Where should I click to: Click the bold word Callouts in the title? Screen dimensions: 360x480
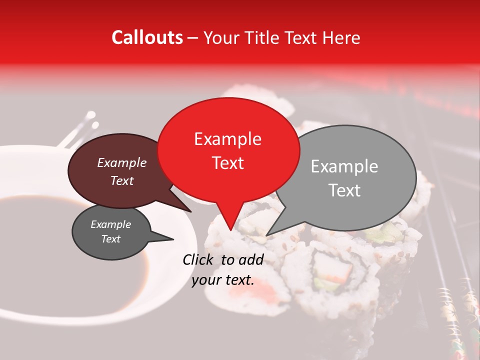(147, 37)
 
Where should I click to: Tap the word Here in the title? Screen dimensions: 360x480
(341, 37)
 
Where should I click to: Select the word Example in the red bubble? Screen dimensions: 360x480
(227, 139)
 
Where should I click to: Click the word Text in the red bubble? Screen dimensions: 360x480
(227, 163)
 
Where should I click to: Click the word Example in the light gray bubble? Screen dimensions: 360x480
(344, 166)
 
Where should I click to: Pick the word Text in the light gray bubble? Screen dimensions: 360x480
(344, 190)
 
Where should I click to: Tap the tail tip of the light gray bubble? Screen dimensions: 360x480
(266, 235)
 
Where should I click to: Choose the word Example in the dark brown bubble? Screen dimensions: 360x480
(121, 162)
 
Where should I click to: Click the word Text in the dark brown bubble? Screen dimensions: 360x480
(121, 180)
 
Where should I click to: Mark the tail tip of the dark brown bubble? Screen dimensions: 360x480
(190, 211)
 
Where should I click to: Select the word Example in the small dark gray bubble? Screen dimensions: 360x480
(110, 224)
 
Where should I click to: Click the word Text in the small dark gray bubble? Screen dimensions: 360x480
(110, 239)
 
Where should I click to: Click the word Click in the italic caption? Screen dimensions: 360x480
(199, 259)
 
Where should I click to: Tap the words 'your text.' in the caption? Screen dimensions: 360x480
(223, 280)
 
